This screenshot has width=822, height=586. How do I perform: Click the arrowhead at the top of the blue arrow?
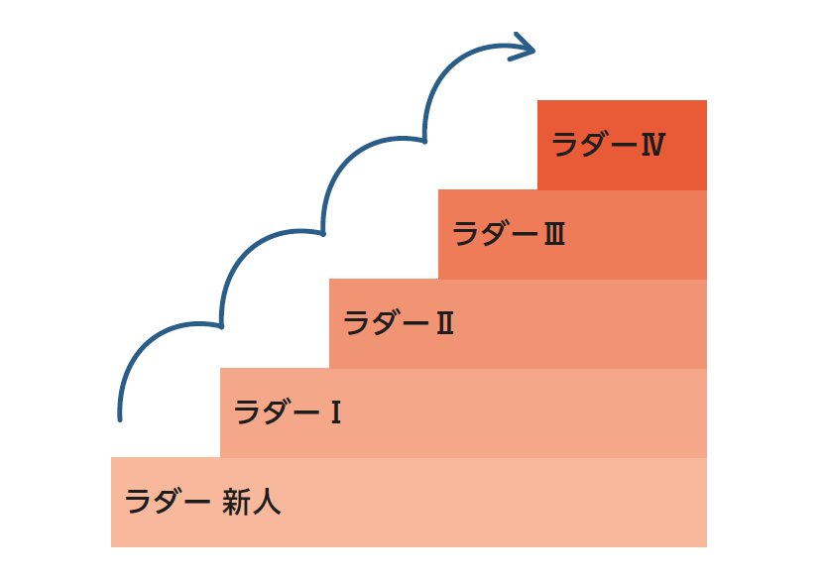coord(524,47)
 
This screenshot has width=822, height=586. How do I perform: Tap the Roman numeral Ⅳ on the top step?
coord(651,145)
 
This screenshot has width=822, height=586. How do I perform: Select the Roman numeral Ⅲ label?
coord(553,235)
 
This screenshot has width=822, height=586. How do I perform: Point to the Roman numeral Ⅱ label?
coord(443,323)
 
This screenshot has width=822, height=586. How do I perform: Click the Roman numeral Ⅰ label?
coord(335,412)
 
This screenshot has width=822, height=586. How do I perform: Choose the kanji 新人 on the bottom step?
coord(252,502)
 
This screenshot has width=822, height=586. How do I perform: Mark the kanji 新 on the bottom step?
coord(237,502)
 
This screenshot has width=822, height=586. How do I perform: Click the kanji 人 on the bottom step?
coord(267,502)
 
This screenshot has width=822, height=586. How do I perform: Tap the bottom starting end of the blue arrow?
coord(120,418)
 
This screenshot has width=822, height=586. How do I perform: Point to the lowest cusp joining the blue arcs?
coord(221,325)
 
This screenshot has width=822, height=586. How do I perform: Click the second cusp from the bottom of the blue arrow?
coord(323,234)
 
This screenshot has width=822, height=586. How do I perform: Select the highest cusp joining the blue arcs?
coord(424,141)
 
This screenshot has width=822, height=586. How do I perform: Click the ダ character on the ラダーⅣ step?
coord(594,145)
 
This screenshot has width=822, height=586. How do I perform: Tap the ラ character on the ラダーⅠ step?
coord(247,412)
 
